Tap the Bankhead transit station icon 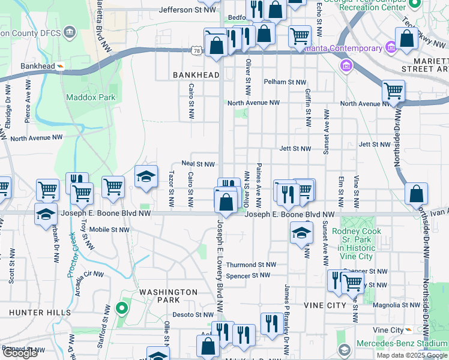pos(60,66)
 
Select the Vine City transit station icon pos(408,330)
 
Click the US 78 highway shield pos(197,52)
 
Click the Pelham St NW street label pos(285,82)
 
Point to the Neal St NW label pos(198,164)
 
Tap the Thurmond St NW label pos(250,265)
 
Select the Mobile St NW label pos(109,229)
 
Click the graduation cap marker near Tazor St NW pos(146,177)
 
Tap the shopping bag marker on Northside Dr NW pos(416,194)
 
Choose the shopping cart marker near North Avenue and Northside pos(393,91)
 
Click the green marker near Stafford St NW pos(122,310)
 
